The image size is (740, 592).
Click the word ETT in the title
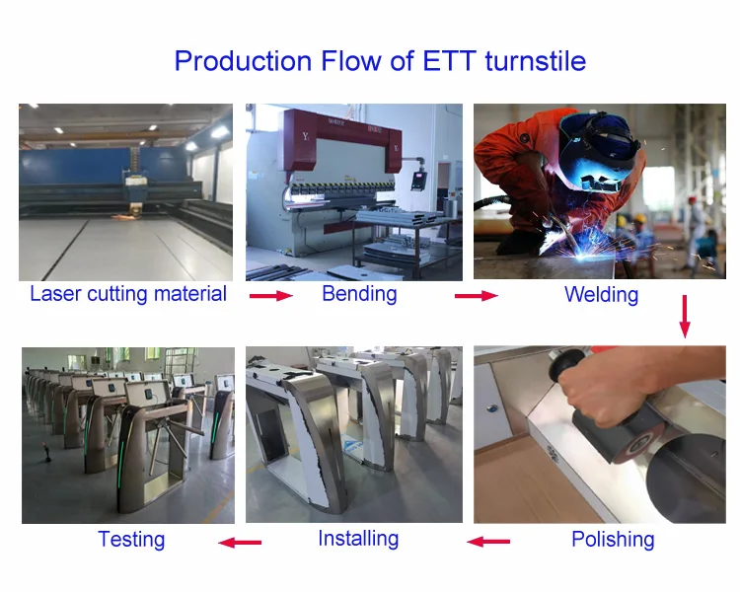point(449,61)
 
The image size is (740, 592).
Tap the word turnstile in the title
point(535,61)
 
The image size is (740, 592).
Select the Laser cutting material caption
point(128,294)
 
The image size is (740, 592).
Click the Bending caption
point(359,294)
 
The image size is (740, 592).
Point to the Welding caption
point(601,295)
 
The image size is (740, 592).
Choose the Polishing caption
point(613,539)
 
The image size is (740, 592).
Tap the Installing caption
point(358,538)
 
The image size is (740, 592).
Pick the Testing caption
point(131,539)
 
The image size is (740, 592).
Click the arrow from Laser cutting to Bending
point(271,296)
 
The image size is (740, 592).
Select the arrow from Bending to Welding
point(477,296)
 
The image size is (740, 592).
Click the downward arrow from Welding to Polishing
point(685,317)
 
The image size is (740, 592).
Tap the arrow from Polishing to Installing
point(488,542)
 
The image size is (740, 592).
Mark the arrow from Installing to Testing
point(240,542)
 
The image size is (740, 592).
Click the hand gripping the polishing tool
point(604,388)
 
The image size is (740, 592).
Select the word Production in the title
point(243,61)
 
